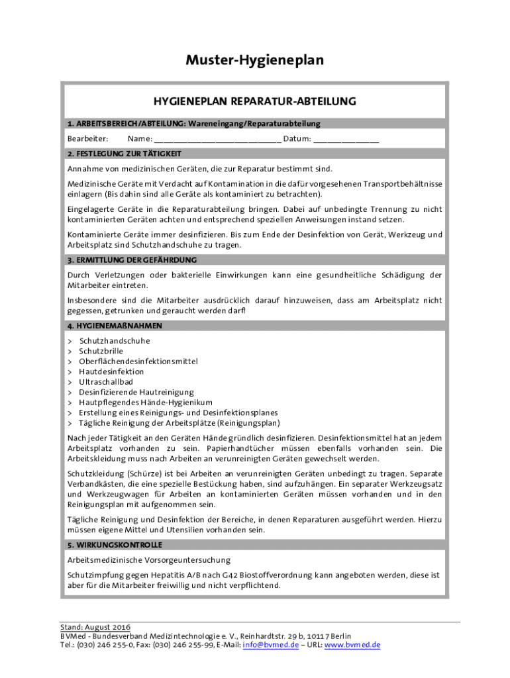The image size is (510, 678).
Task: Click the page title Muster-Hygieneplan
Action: tap(255, 60)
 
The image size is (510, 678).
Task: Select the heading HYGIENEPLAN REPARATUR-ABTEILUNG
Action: tap(255, 101)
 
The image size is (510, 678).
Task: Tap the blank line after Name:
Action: tap(217, 140)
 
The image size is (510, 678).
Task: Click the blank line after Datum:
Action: tap(346, 140)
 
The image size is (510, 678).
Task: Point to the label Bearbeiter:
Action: tap(87, 139)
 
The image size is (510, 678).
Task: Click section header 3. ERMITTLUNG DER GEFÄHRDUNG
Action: tap(131, 260)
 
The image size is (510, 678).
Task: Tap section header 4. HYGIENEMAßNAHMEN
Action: tap(115, 326)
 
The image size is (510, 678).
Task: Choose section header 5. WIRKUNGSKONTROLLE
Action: tap(114, 545)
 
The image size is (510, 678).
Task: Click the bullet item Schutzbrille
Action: tap(101, 351)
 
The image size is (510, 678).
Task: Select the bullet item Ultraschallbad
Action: tap(105, 382)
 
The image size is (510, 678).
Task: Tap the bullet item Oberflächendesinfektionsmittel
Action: tap(138, 362)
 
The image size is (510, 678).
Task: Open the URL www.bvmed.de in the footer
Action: tap(352, 645)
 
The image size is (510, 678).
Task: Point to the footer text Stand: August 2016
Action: tap(95, 627)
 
